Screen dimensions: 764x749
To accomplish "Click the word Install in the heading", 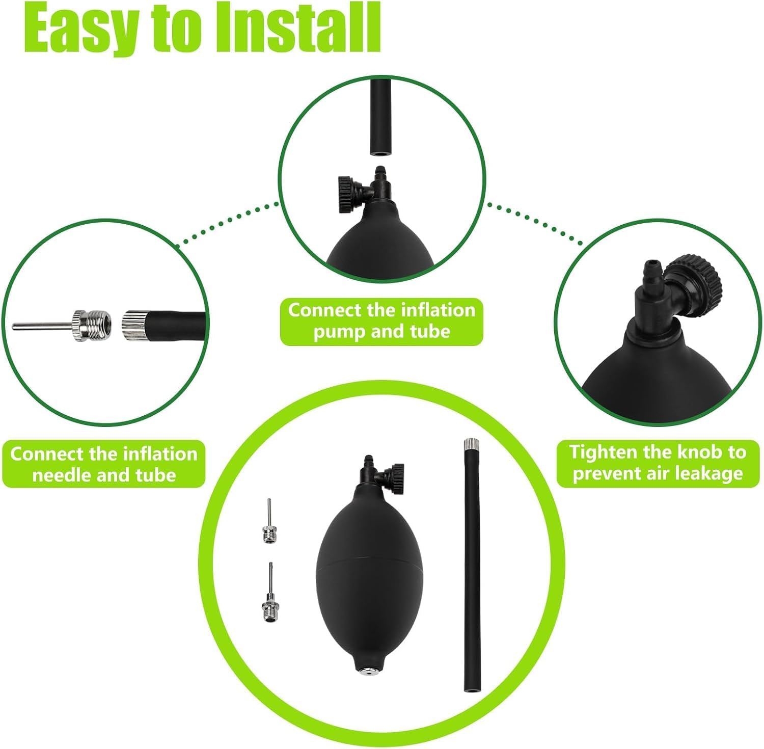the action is coord(297,28).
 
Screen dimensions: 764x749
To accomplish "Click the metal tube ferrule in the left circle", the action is coord(134,325).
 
